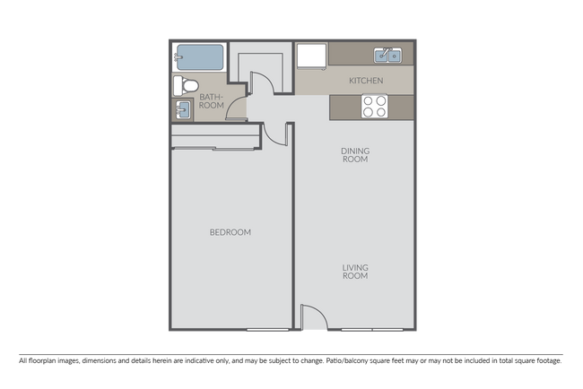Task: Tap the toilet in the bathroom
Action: tap(183, 85)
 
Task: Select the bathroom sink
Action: tap(182, 109)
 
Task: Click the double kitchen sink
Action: tap(389, 56)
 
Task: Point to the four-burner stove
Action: tap(373, 108)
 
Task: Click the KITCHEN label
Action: tap(366, 81)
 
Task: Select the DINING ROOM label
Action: tap(355, 155)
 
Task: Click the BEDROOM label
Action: tap(230, 232)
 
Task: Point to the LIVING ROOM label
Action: tap(355, 272)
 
